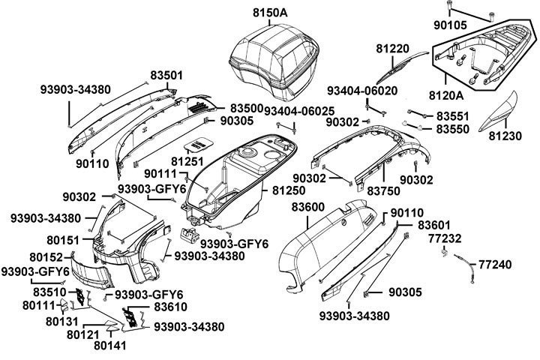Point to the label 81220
[392, 49]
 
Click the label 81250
[289, 191]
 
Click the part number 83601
[434, 225]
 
